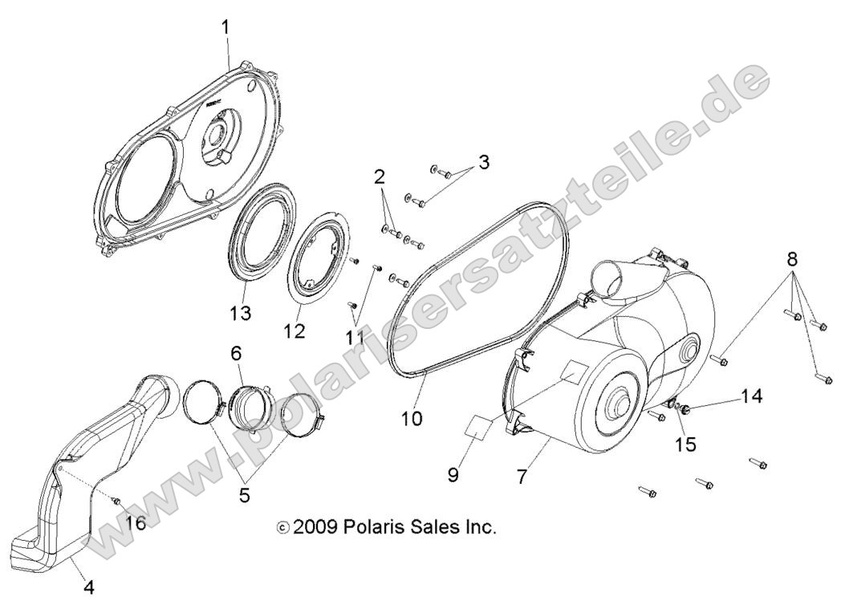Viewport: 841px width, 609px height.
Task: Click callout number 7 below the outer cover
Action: click(x=522, y=477)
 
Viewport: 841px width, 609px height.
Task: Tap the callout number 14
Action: click(x=751, y=396)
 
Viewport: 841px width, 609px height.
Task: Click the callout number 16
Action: click(x=136, y=523)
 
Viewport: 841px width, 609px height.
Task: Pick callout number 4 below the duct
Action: click(x=89, y=587)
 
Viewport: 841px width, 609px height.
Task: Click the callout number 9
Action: click(x=453, y=476)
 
